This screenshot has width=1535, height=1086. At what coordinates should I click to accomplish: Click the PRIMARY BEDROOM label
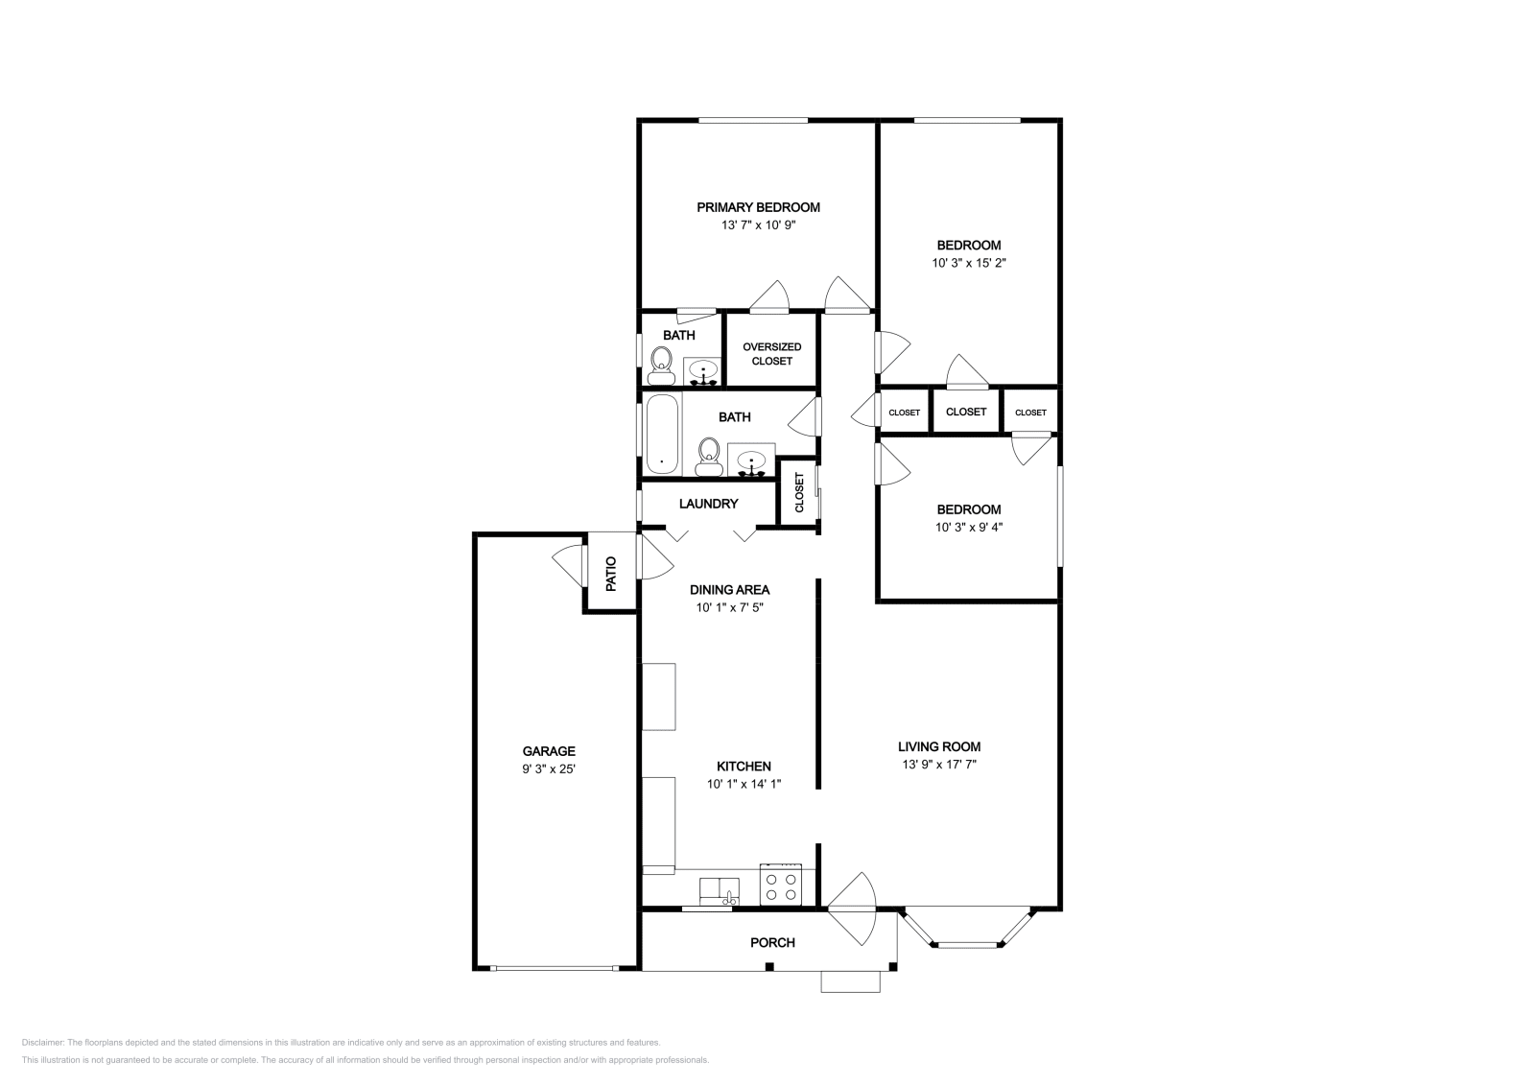758,207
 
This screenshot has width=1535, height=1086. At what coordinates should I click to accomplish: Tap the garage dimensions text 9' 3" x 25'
548,768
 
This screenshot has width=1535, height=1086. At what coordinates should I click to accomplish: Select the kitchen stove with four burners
781,885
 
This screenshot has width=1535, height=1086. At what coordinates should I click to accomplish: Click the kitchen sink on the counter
719,890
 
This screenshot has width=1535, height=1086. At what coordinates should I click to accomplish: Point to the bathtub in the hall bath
662,434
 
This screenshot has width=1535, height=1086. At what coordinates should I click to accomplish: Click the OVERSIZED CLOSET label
771,354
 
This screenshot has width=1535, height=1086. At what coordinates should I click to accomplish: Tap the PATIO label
611,574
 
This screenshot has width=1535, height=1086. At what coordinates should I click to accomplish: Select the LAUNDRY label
709,504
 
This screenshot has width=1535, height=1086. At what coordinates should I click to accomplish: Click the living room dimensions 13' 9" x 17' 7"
939,765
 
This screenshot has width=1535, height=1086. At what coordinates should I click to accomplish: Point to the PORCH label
772,943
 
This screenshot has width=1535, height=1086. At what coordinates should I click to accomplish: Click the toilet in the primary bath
661,366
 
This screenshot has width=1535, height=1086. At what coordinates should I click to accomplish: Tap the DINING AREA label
729,589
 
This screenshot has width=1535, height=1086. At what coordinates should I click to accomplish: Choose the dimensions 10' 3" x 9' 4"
969,527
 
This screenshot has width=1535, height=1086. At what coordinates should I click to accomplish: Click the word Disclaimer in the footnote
42,1043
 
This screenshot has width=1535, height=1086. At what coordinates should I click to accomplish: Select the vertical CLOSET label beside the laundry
799,493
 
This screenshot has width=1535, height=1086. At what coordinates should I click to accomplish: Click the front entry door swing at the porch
853,909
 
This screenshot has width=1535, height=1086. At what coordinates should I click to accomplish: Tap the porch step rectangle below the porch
850,981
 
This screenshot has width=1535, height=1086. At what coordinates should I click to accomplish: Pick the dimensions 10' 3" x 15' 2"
969,263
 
